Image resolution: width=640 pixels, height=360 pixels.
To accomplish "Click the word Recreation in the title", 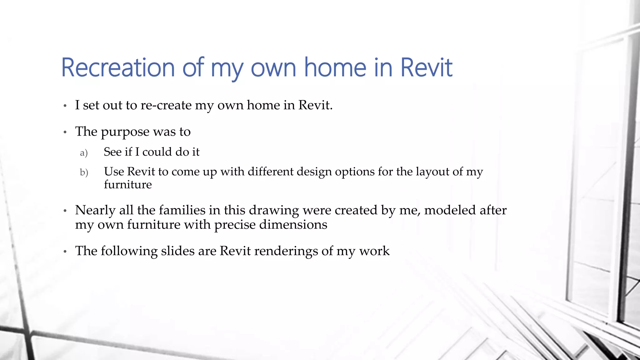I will click(x=118, y=67).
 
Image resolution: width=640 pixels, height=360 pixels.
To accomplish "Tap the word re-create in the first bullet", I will click(x=166, y=105).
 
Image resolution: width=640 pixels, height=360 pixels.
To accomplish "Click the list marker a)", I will click(x=84, y=153).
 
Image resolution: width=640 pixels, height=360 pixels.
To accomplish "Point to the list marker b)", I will click(x=84, y=172).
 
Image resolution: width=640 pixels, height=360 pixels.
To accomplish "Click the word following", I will click(x=129, y=251).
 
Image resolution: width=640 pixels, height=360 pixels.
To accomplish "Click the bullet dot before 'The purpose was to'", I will click(x=65, y=132).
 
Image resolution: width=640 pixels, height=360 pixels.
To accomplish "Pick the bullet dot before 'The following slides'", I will click(x=65, y=252).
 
